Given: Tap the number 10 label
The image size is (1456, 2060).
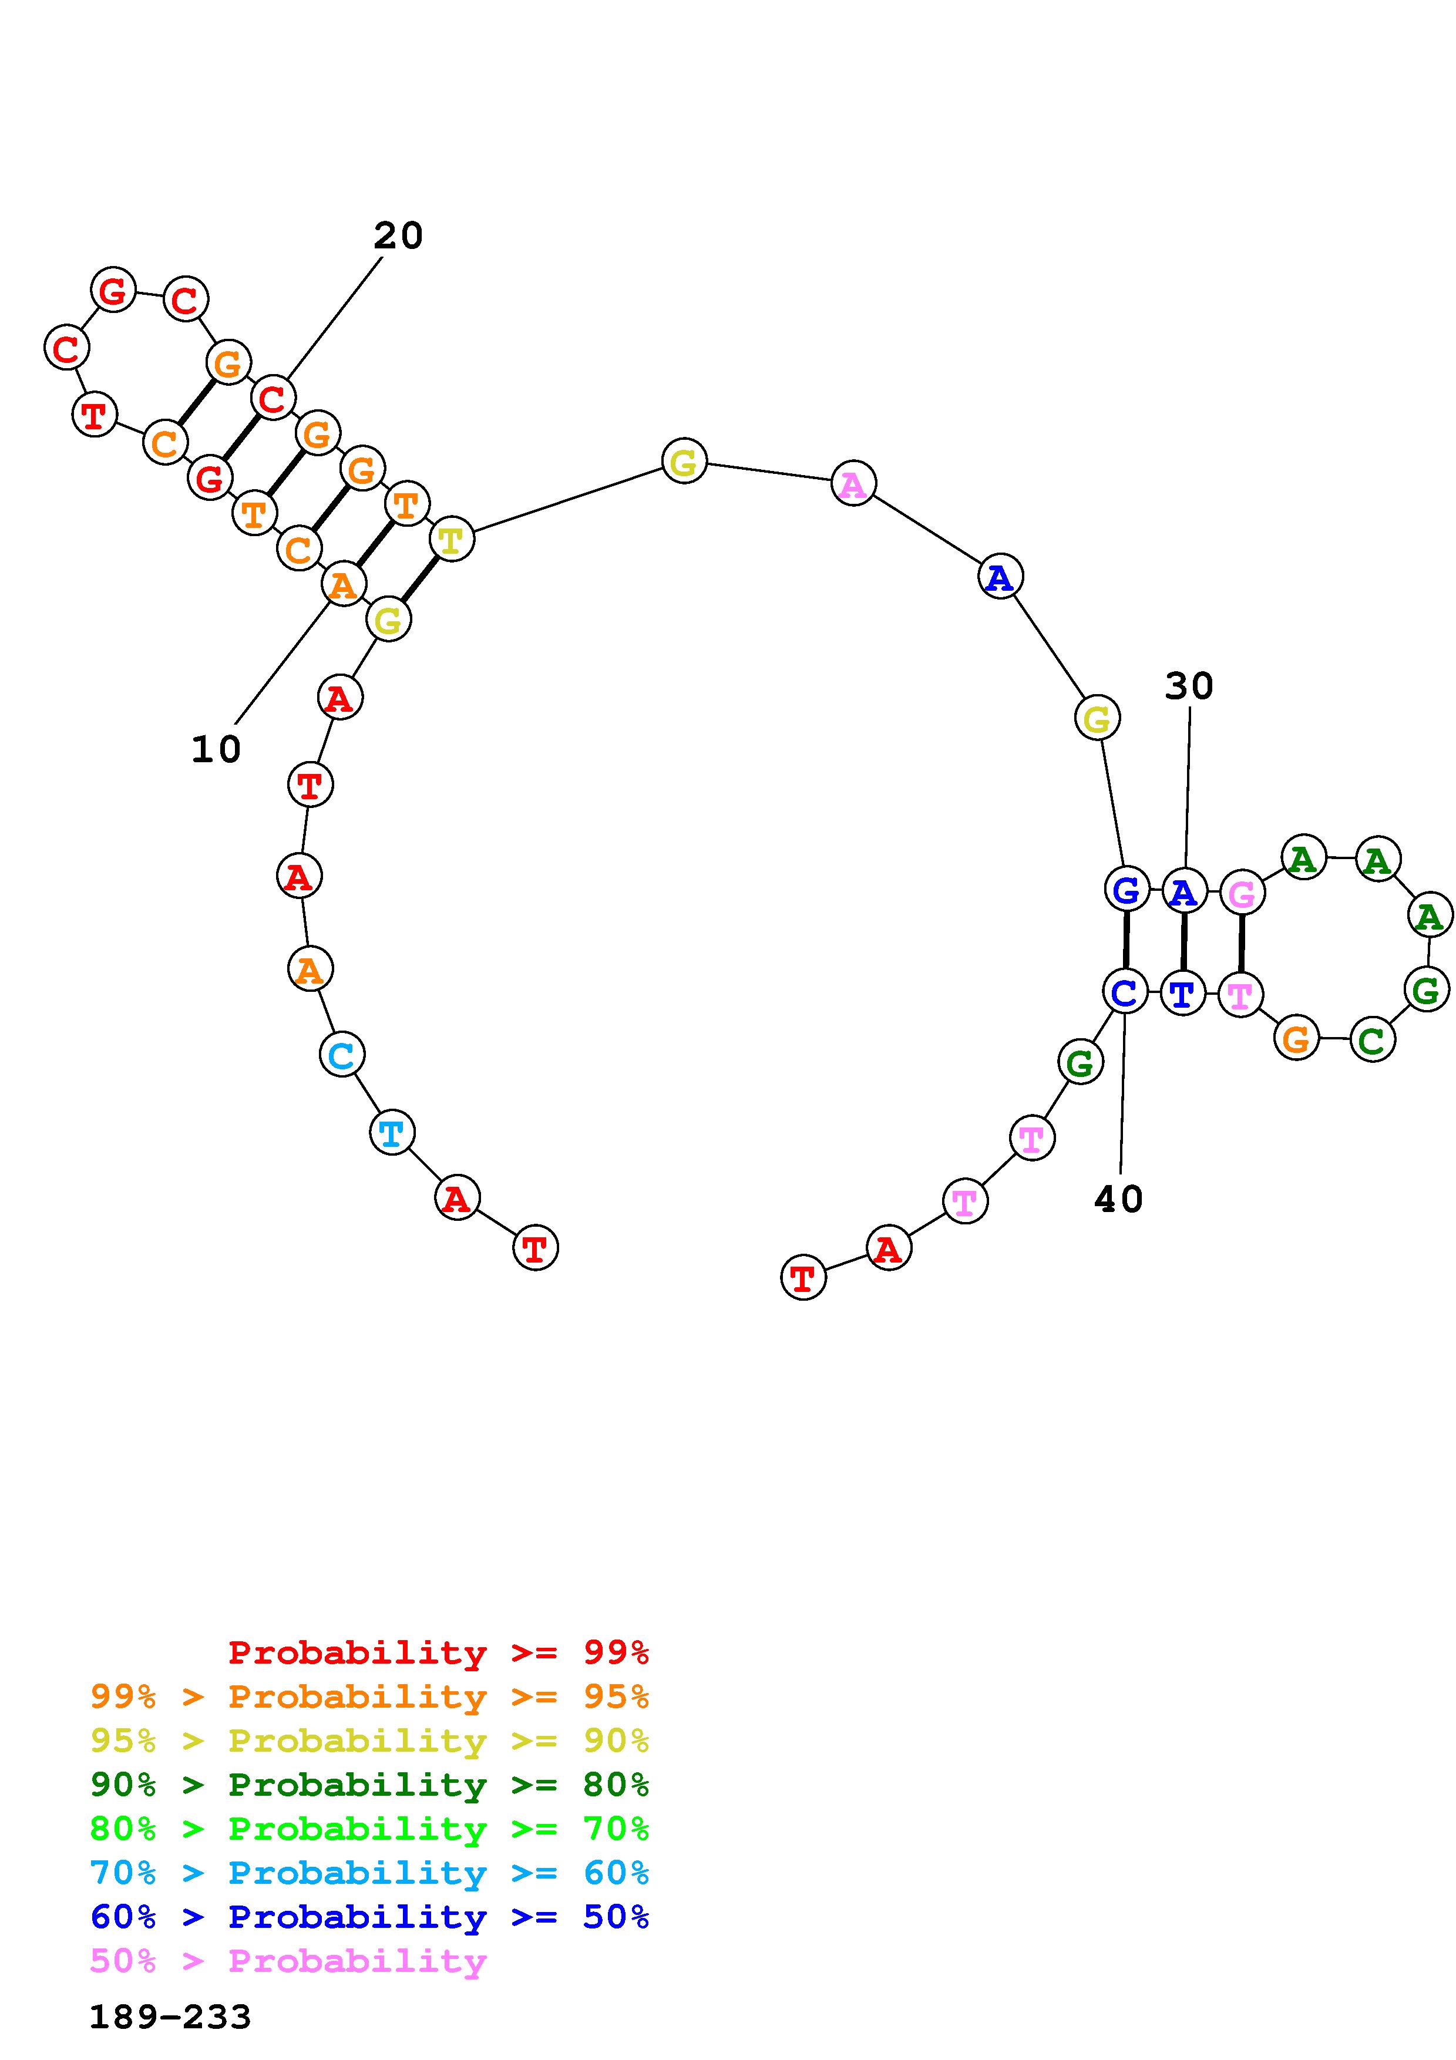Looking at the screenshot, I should pyautogui.click(x=216, y=749).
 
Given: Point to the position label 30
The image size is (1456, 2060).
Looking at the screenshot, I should pyautogui.click(x=1189, y=686).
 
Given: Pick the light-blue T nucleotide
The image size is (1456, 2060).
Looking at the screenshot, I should pyautogui.click(x=392, y=1133).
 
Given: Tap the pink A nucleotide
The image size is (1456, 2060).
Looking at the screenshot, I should pyautogui.click(x=853, y=484).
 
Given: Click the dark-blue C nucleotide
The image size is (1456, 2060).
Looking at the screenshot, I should pyautogui.click(x=1125, y=991).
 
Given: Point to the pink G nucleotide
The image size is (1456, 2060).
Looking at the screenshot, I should pyautogui.click(x=1242, y=893).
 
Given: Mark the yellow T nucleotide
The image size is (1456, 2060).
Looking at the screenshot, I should pyautogui.click(x=451, y=539).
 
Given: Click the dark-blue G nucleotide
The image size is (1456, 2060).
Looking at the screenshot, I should pyautogui.click(x=1127, y=889).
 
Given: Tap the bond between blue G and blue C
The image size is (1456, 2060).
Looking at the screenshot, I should pyautogui.click(x=1126, y=940).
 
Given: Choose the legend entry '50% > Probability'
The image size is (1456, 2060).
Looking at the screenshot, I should pyautogui.click(x=288, y=1962).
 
